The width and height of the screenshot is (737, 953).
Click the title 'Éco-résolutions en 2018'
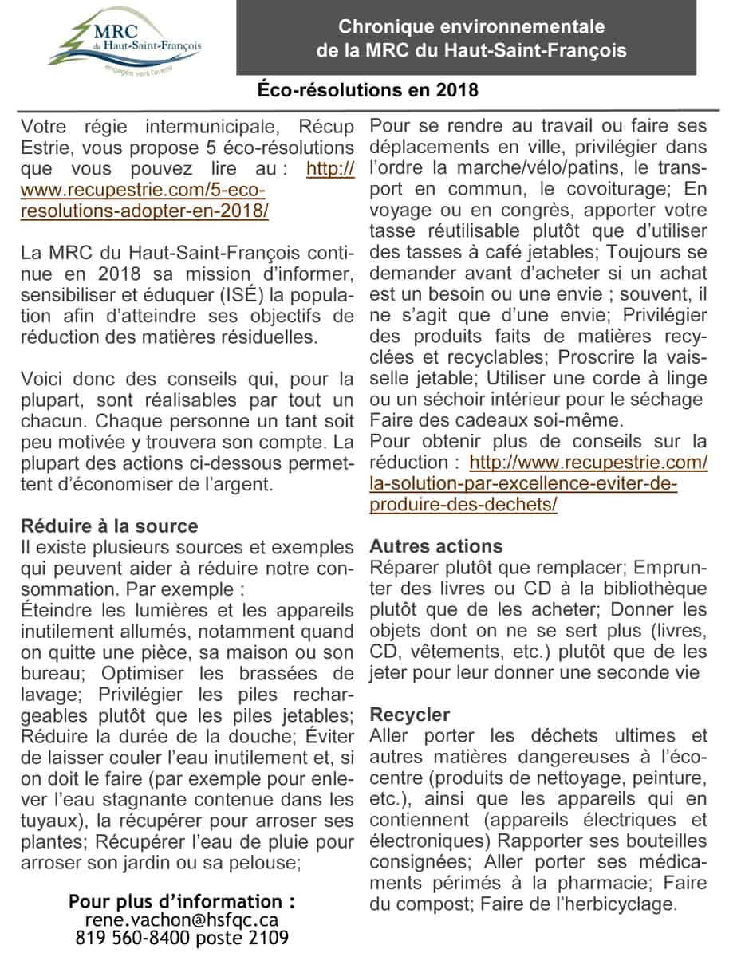pos(368,90)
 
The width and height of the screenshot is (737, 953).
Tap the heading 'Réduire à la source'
pos(109,526)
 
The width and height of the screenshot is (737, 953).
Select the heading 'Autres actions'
pos(436,546)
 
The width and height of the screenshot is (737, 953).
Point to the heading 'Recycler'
pos(410,714)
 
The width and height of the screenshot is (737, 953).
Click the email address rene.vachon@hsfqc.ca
pos(182,920)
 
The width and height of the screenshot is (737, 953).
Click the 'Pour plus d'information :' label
pos(182,901)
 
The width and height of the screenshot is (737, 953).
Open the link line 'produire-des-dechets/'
pos(463,505)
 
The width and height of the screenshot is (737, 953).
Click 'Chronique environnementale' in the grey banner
pos(471,27)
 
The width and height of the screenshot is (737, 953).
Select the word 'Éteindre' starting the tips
pos(57,610)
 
